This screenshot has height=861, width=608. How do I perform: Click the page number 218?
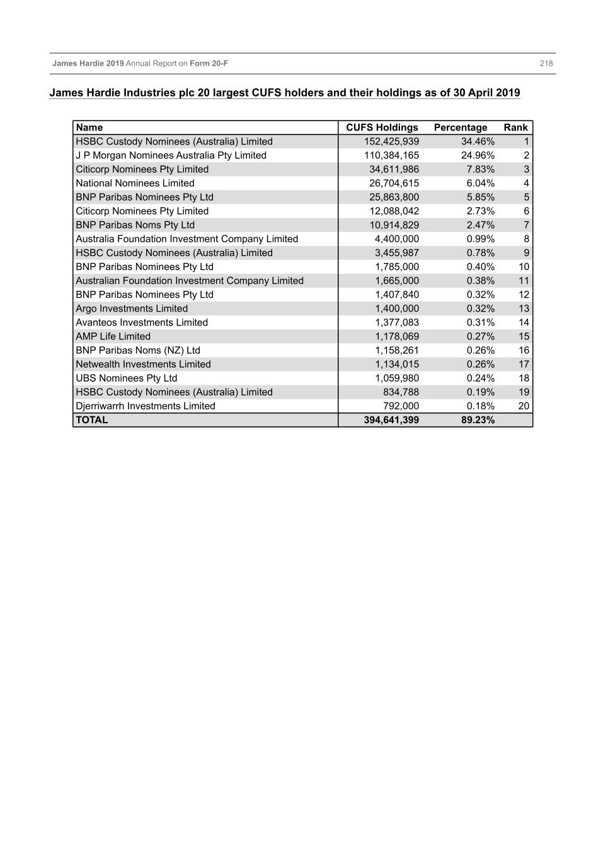546,63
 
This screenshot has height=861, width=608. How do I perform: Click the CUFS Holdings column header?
382,127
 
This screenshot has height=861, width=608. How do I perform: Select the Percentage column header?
461,127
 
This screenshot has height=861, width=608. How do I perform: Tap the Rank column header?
515,127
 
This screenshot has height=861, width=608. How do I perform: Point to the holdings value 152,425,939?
391,141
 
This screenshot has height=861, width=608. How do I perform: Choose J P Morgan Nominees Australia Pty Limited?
171,155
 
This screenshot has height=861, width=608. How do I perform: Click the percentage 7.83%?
481,169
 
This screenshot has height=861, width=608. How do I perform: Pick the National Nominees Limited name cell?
135,183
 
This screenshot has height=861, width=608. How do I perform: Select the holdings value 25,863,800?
394,197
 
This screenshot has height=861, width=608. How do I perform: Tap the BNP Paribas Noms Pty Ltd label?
135,225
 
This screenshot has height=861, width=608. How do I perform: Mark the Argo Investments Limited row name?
132,308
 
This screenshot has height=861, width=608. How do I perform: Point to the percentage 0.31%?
481,322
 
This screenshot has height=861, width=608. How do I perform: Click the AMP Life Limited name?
113,336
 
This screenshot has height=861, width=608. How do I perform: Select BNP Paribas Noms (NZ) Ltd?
138,350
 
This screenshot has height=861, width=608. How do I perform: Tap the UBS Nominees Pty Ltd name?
126,378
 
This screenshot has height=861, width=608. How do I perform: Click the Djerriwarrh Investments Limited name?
146,406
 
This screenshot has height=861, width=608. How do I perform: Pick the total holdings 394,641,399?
391,420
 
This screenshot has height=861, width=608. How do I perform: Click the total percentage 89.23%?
478,420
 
